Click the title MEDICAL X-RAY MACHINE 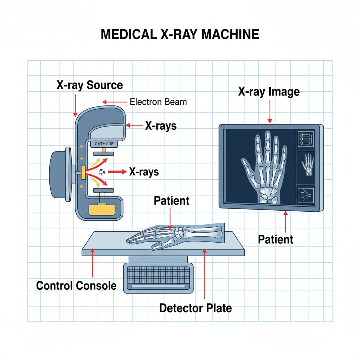click(180, 34)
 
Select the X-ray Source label click(90, 85)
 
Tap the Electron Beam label click(158, 102)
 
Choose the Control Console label click(76, 285)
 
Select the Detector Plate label click(195, 308)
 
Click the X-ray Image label click(269, 92)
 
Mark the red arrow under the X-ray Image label click(270, 111)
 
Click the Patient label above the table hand click(172, 201)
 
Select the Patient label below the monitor click(276, 239)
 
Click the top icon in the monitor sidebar click(305, 139)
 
